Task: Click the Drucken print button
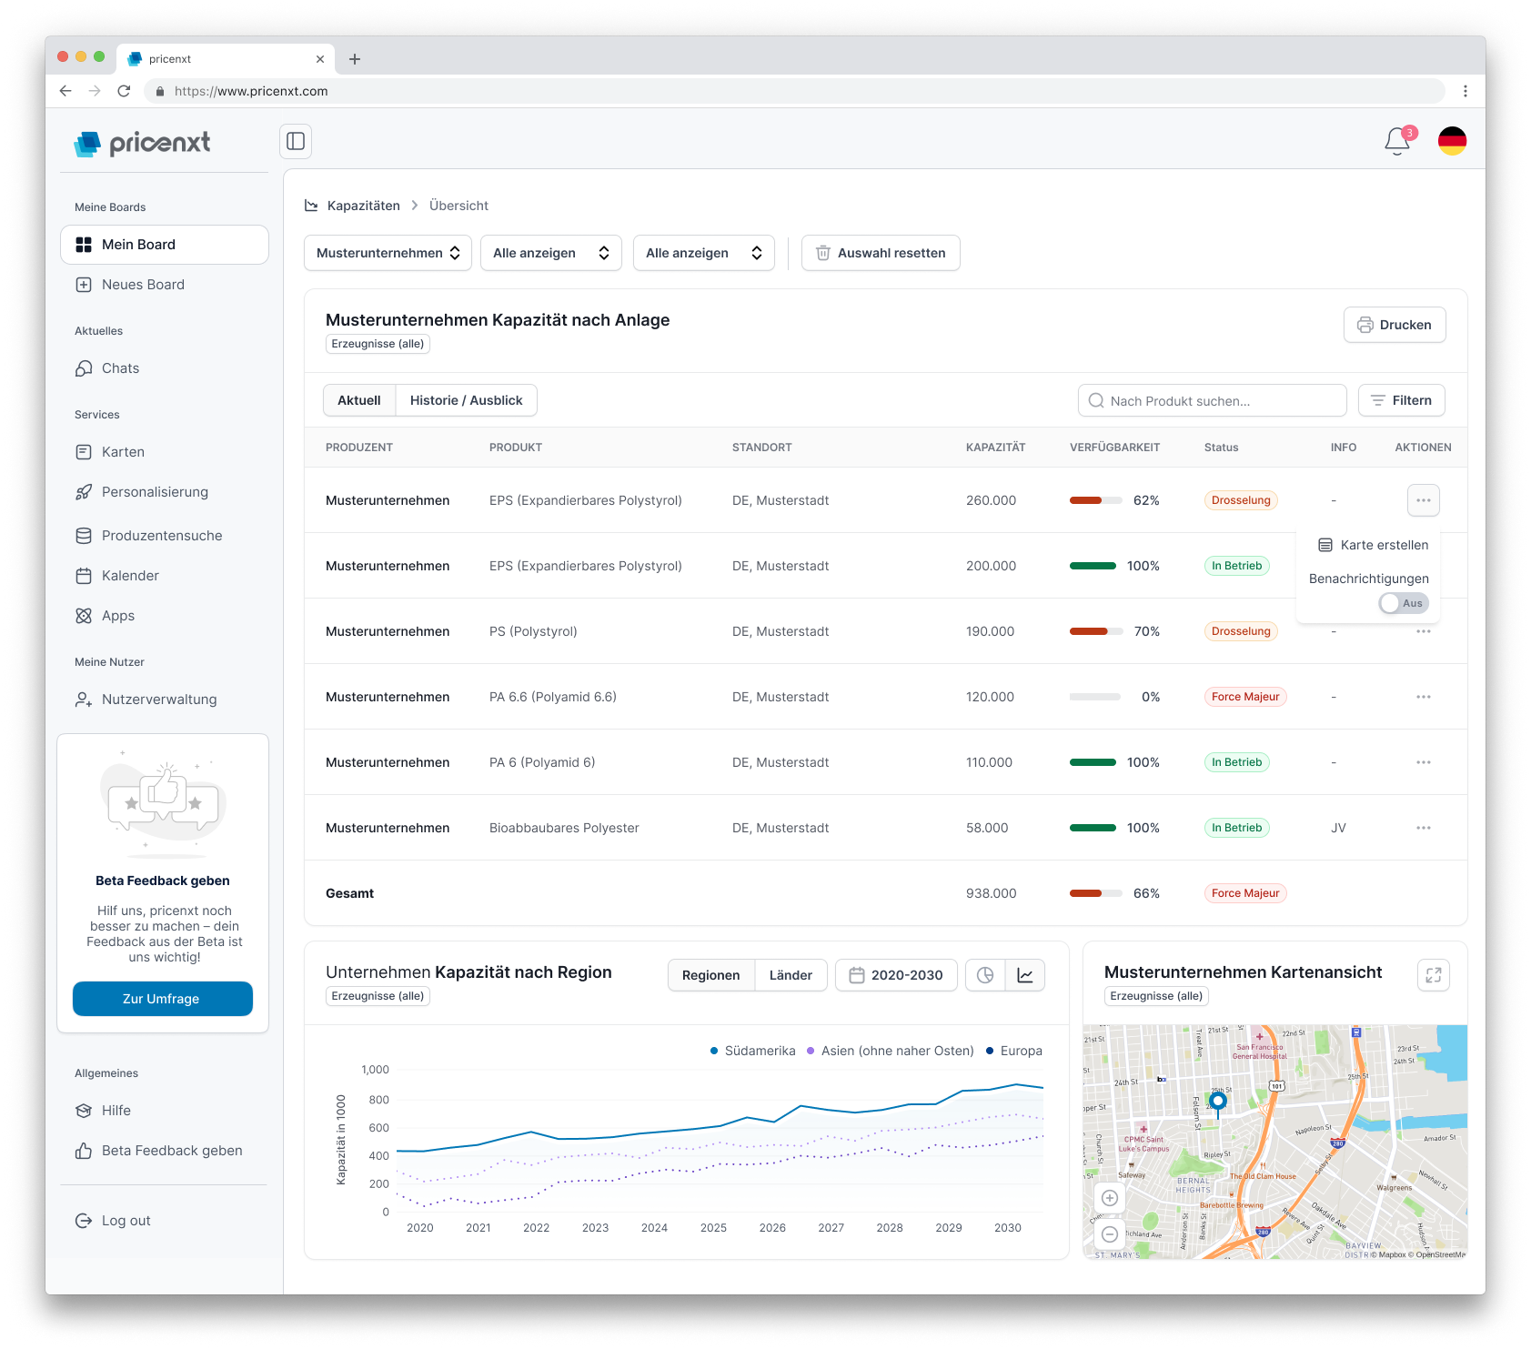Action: (1394, 325)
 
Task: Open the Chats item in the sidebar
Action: (120, 368)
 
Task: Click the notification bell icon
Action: (1396, 142)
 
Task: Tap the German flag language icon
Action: (1452, 141)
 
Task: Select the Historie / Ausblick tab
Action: (466, 400)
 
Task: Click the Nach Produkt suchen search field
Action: (1212, 400)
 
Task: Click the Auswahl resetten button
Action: (880, 253)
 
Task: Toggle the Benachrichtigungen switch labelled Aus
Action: (1404, 603)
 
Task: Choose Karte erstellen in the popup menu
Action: (1374, 545)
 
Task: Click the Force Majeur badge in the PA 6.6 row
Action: (1244, 697)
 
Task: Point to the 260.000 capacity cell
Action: (991, 500)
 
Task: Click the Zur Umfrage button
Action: (162, 999)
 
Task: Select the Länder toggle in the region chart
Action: (791, 975)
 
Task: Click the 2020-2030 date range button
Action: (896, 975)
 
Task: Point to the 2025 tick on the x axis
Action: (713, 1227)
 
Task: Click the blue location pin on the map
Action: (1218, 1102)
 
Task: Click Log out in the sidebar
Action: (126, 1221)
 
